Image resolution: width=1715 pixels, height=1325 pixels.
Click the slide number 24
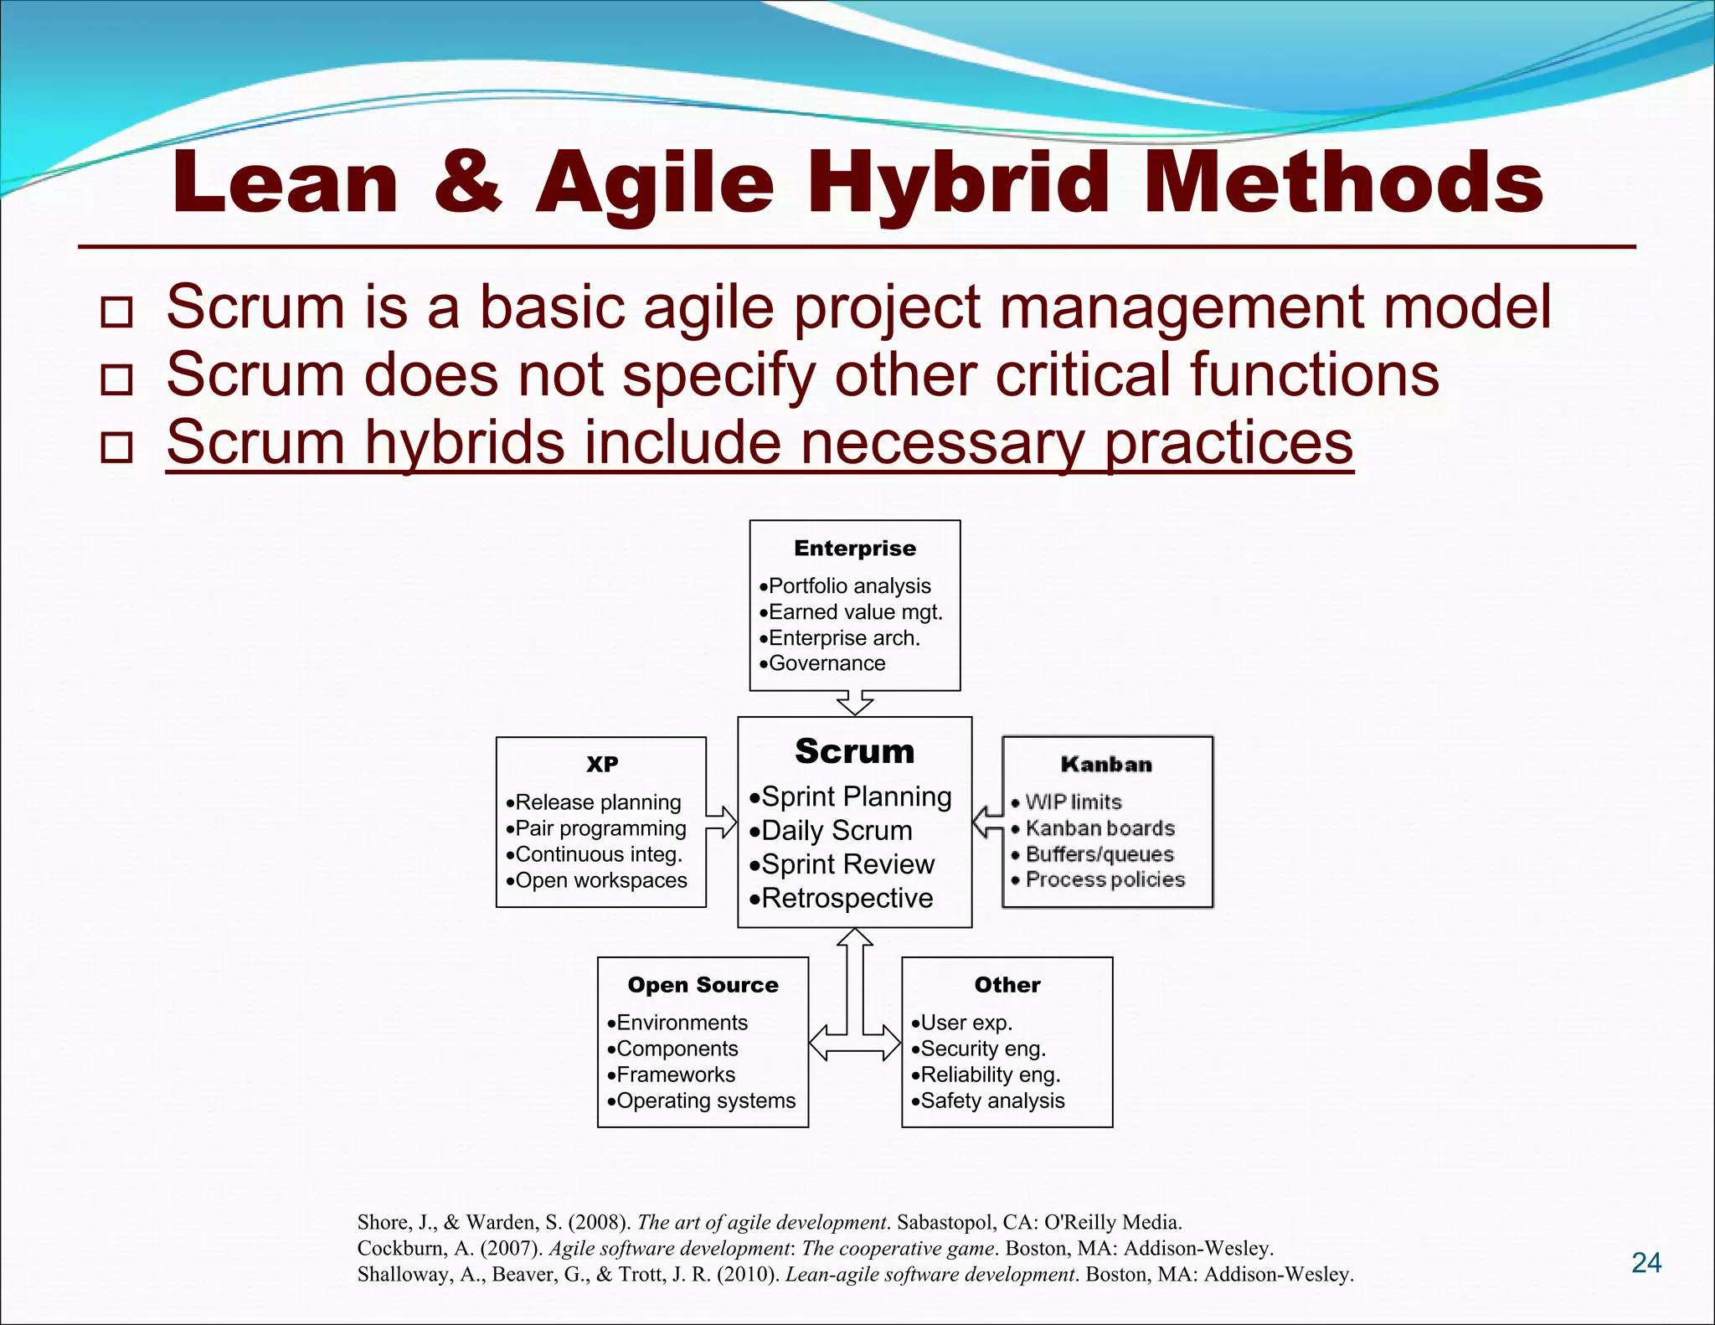(1645, 1262)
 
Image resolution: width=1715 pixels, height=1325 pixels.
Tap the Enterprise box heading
(854, 549)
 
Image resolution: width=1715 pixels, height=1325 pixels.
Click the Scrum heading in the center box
(854, 751)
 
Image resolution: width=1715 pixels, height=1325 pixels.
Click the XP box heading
(601, 764)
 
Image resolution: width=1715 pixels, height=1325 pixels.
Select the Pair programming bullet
(600, 828)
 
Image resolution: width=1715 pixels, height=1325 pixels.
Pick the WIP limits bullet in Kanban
(1073, 802)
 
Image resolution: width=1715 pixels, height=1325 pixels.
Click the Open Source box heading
(703, 985)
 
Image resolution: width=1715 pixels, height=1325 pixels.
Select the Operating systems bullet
(705, 1101)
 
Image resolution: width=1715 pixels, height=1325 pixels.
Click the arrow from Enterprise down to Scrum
(855, 703)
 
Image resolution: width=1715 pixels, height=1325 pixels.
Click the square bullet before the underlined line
(116, 447)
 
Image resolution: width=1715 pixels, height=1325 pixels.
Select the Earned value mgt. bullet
(854, 612)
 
